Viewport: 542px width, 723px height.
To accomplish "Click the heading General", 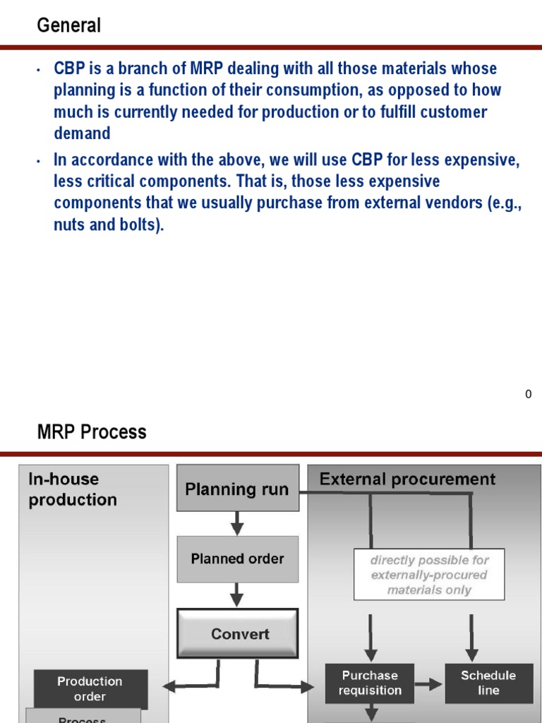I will [x=69, y=26].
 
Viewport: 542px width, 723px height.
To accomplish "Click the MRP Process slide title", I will [x=92, y=432].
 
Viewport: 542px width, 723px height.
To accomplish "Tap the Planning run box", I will [x=237, y=489].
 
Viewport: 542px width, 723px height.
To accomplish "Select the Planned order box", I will [x=237, y=558].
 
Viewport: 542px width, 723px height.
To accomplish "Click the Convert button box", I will [x=237, y=633].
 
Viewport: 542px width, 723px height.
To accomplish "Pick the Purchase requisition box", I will [x=369, y=683].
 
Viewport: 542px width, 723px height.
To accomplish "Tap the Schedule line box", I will [x=488, y=683].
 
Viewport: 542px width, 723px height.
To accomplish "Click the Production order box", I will [x=90, y=689].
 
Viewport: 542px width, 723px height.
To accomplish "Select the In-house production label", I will [x=73, y=489].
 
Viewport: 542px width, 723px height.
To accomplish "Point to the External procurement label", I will [x=407, y=479].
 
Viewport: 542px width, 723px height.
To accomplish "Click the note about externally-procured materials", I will [x=429, y=575].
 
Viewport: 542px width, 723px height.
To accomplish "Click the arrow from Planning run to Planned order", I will [x=237, y=523].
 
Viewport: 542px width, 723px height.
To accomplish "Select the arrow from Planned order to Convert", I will [x=237, y=594].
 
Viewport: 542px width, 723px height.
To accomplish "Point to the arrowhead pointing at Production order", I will [x=169, y=685].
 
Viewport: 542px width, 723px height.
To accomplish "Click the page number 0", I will [x=528, y=395].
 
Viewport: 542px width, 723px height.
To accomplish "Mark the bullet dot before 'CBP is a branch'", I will [x=39, y=70].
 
